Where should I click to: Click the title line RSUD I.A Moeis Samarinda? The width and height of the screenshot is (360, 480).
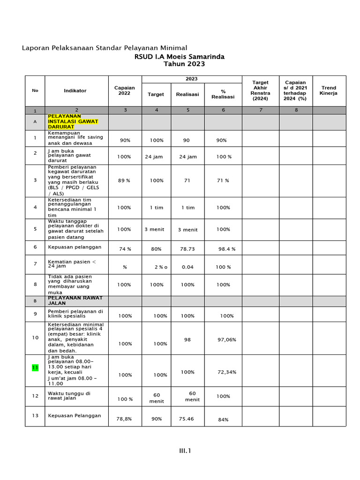180,57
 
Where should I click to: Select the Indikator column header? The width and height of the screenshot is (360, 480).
75,90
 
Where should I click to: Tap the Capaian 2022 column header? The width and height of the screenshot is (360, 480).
124,90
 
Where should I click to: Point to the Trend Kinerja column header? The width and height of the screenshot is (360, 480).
329,90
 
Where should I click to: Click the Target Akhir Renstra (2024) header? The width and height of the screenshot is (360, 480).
261,90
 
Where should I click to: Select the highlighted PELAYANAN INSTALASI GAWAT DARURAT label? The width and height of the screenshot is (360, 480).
73,121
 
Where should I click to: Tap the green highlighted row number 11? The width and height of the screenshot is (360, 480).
35,367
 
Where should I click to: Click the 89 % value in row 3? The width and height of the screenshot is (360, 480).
124,180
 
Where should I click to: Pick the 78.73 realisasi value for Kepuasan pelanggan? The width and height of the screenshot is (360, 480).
187,249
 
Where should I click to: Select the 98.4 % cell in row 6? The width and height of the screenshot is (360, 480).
227,249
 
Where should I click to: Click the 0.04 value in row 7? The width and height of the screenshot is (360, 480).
187,267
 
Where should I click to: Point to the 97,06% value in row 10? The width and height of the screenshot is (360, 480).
227,339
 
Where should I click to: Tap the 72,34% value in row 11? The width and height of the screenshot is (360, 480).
227,372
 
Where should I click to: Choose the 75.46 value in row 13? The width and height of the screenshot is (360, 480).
186,419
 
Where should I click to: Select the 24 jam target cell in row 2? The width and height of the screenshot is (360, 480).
154,157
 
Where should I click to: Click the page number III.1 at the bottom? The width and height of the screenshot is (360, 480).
185,451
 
